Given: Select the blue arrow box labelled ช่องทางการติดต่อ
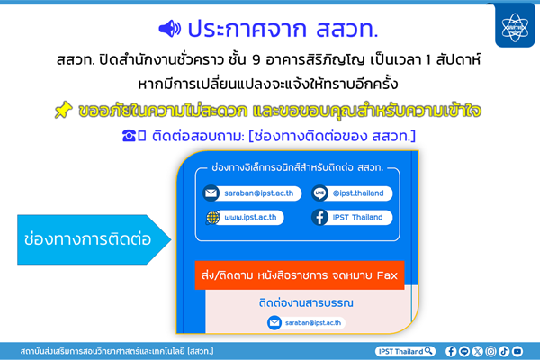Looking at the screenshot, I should tap(85, 239).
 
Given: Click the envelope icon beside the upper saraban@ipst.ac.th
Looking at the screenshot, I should tap(211, 193).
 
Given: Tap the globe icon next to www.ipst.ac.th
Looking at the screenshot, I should tap(211, 217).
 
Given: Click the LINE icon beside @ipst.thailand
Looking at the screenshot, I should tap(320, 193).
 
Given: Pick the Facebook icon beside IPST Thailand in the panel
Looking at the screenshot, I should tap(320, 217).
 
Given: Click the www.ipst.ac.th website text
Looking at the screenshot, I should tap(252, 217).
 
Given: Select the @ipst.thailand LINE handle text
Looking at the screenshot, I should tap(358, 193).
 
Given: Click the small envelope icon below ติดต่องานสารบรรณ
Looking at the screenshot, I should tap(274, 323).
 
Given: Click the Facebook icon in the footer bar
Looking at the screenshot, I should tap(451, 350).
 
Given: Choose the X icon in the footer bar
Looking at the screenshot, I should tap(478, 350).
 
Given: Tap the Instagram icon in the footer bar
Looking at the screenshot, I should tap(491, 350).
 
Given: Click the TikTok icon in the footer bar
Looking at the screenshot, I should tap(505, 350).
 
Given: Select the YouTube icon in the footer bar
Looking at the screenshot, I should tap(517, 350).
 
